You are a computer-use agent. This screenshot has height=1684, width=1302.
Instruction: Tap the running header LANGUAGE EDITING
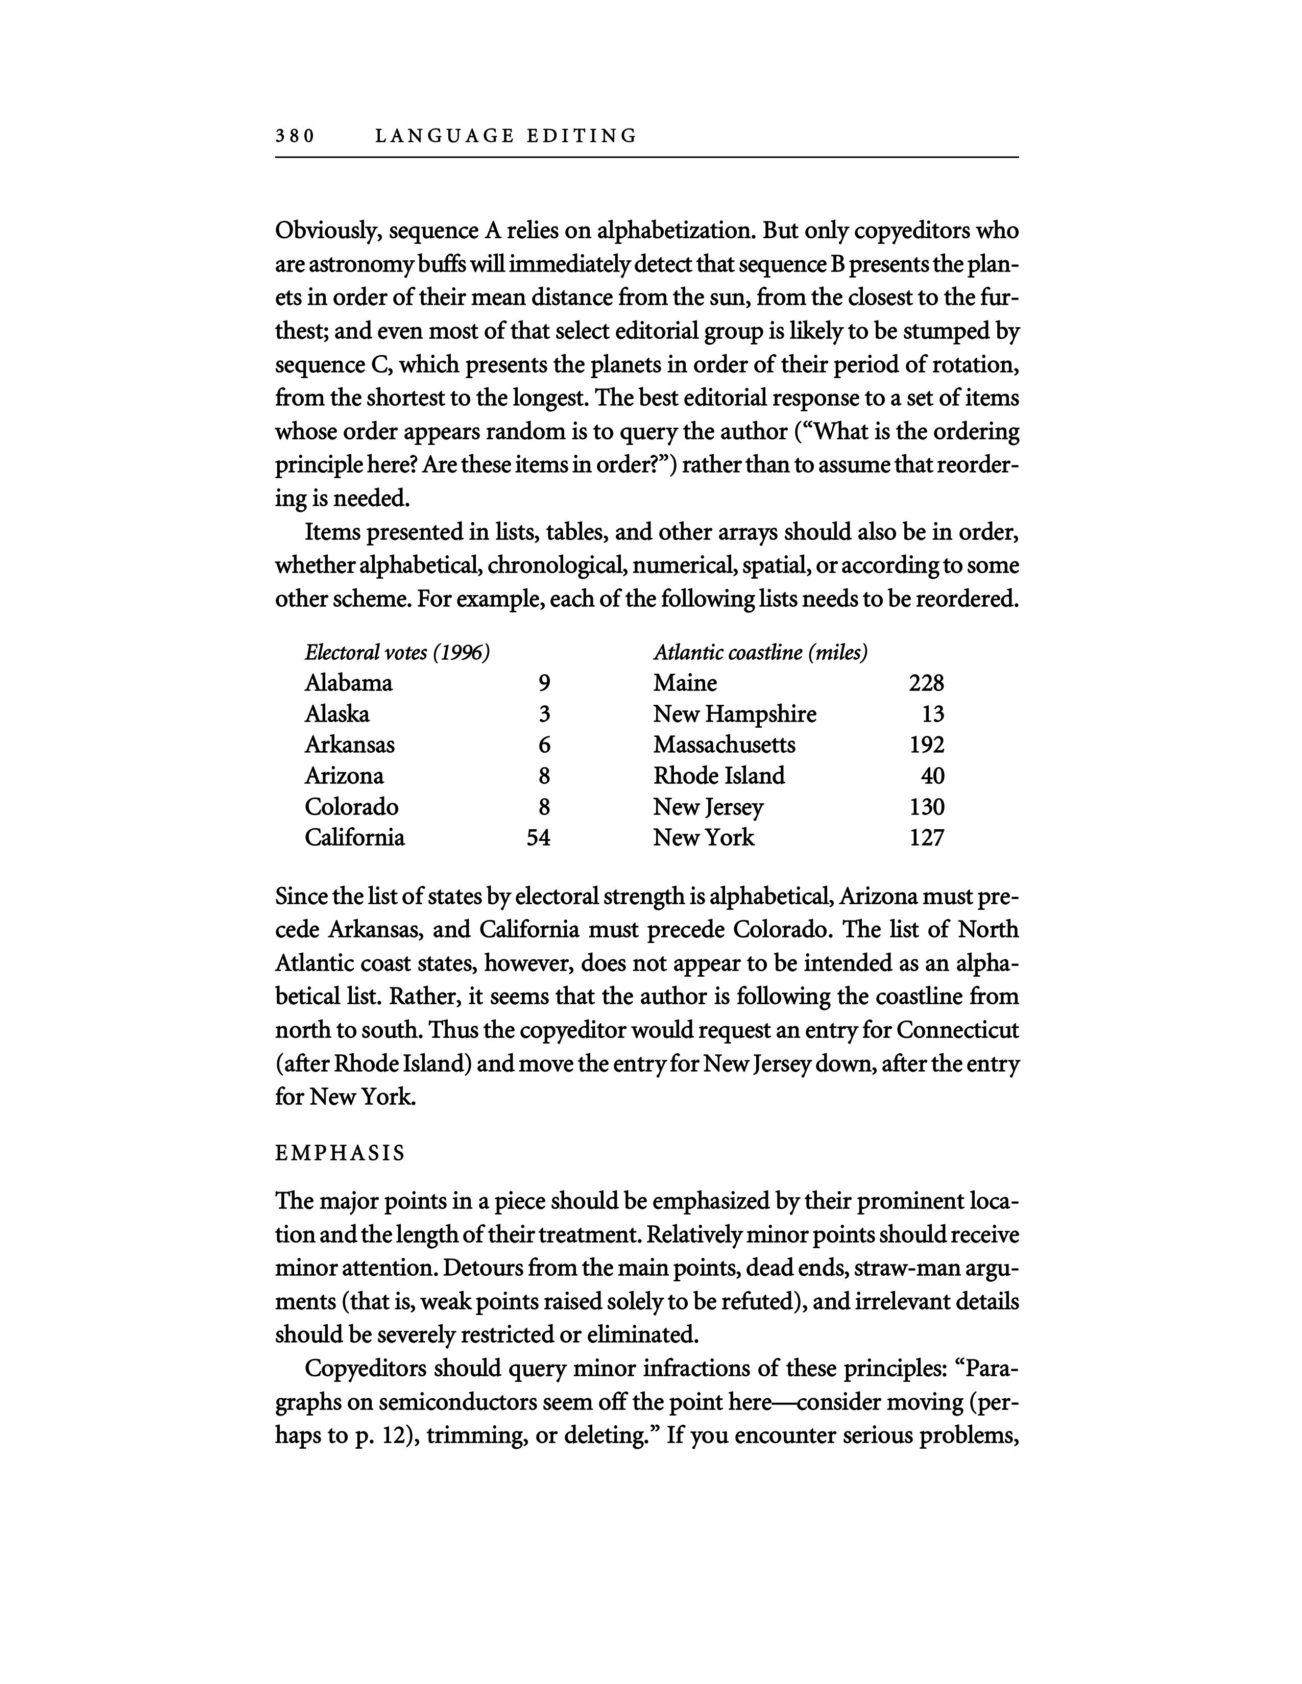point(506,136)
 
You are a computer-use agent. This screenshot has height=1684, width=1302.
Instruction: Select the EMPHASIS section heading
point(340,1153)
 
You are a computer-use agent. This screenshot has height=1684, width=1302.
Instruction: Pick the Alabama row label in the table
point(349,683)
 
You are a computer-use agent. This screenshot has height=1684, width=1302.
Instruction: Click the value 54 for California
point(538,837)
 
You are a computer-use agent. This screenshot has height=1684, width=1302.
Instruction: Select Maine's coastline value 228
point(926,683)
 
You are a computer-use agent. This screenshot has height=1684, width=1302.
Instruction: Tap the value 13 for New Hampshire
point(932,714)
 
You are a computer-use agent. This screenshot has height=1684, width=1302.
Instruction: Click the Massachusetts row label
point(725,745)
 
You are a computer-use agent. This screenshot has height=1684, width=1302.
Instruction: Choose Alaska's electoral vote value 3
point(545,714)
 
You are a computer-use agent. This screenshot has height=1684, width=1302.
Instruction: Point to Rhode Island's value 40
point(932,776)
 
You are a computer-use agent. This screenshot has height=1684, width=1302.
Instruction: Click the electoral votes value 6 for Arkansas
point(545,745)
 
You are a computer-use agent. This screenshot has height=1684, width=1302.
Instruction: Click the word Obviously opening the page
point(327,231)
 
